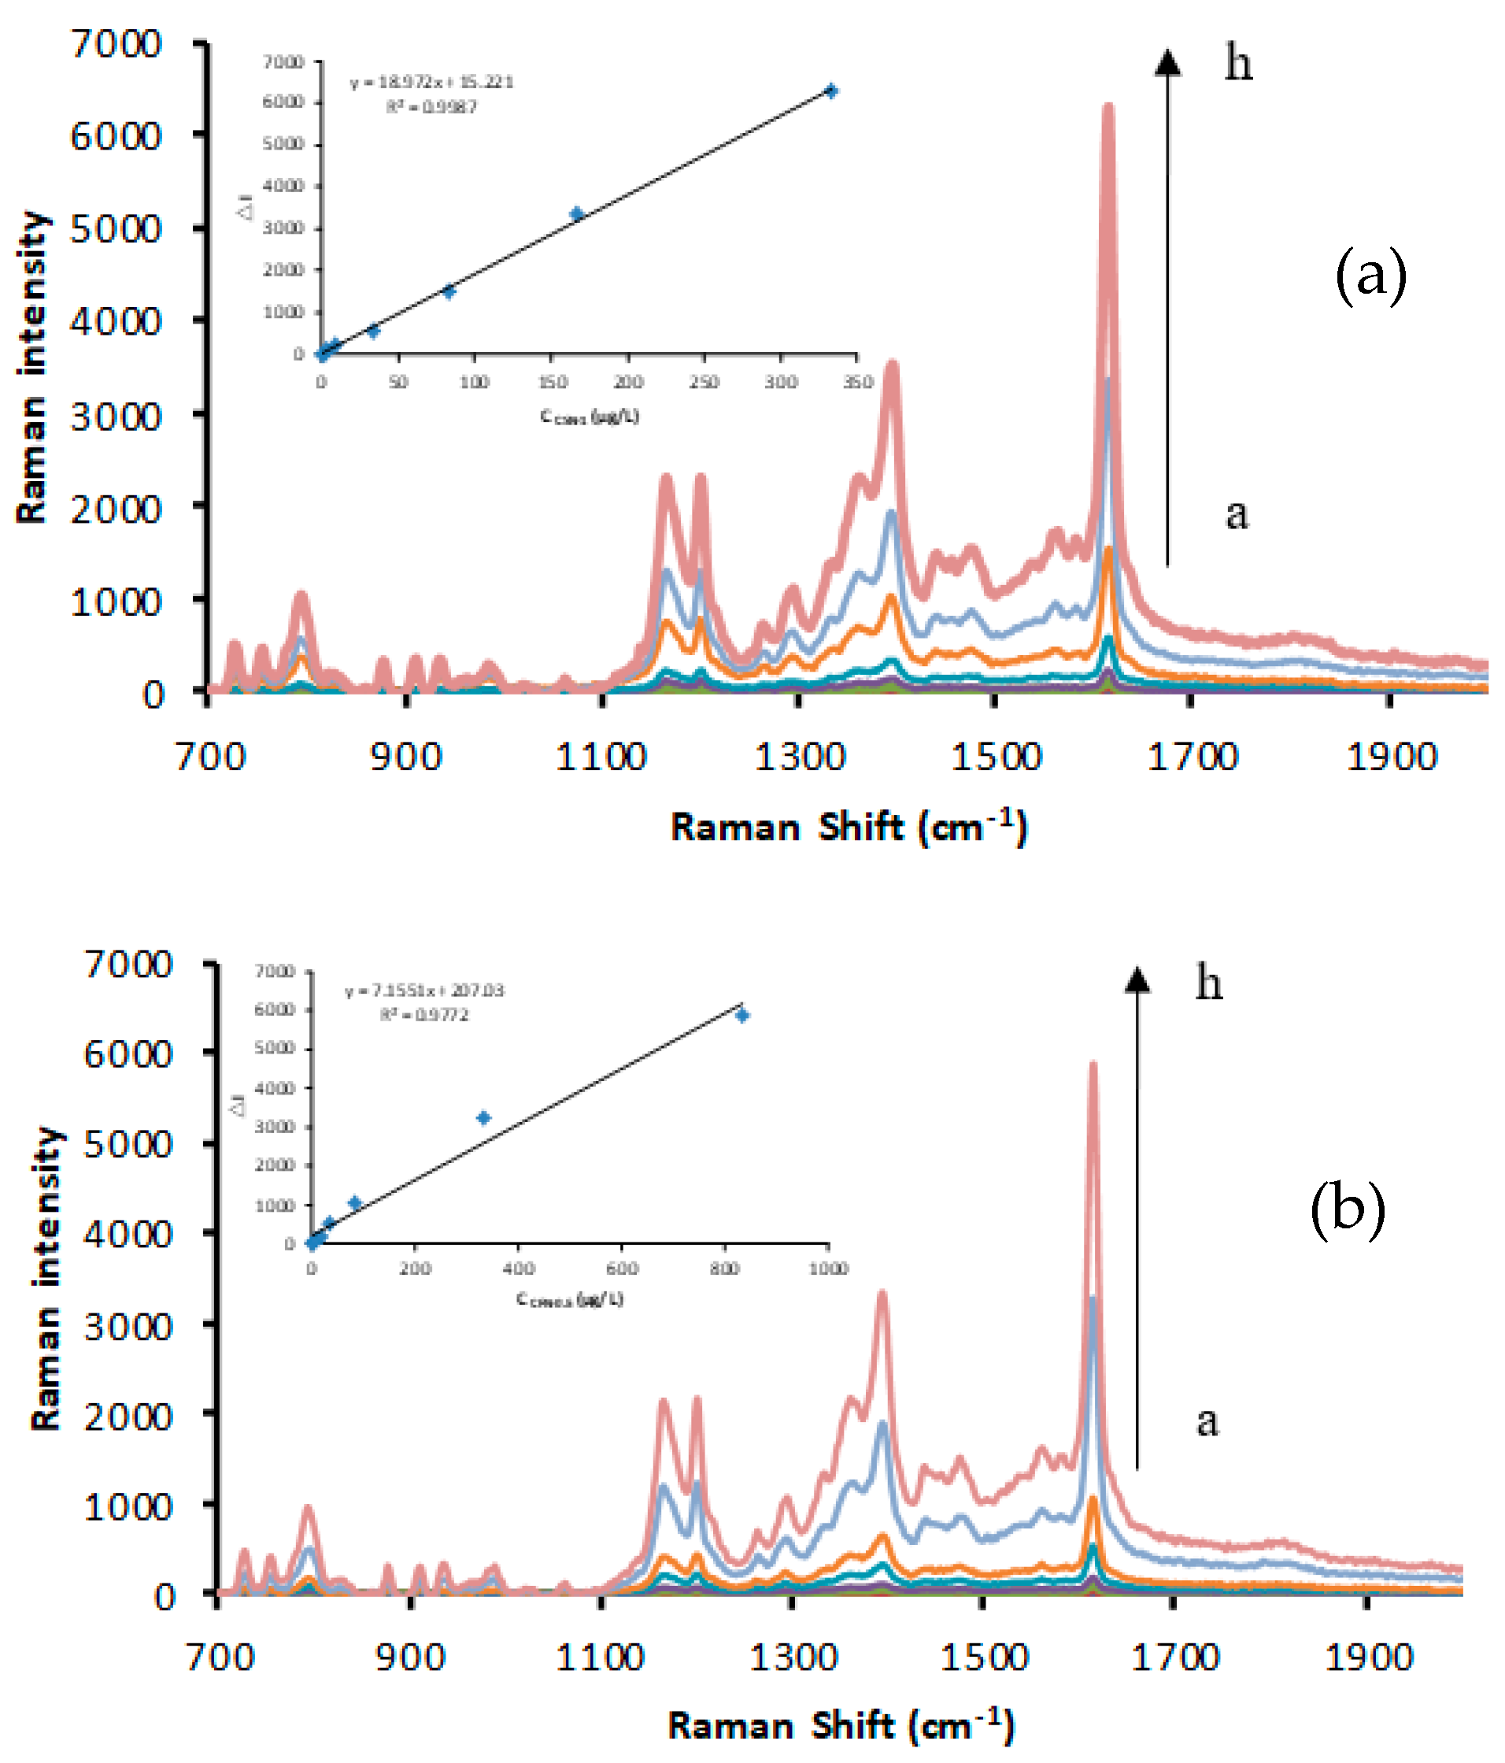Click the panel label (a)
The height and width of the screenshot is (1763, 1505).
click(x=1370, y=276)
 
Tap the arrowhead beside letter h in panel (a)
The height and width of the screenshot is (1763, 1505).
click(x=1167, y=62)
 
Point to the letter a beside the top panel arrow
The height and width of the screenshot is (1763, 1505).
click(x=1236, y=514)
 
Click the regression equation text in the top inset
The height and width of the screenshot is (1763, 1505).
click(x=431, y=83)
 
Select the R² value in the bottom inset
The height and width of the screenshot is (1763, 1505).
click(x=423, y=1015)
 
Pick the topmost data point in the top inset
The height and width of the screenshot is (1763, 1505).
click(x=831, y=91)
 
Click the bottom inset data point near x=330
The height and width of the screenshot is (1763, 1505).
click(x=483, y=1118)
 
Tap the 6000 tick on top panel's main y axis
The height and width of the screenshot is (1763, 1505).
click(x=116, y=136)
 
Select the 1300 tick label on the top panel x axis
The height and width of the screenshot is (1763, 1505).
click(x=800, y=757)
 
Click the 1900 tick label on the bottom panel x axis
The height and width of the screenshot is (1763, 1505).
click(x=1368, y=1657)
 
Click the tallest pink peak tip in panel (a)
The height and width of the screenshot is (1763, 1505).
click(x=1107, y=106)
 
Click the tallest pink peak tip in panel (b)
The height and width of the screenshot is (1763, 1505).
click(x=1093, y=1065)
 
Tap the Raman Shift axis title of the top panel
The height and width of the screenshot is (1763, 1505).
click(x=849, y=827)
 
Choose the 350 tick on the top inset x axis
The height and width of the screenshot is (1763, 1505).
click(x=857, y=382)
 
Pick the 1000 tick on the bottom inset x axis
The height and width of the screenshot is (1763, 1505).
click(x=828, y=1269)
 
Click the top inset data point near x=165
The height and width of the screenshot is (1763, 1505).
click(x=577, y=213)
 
